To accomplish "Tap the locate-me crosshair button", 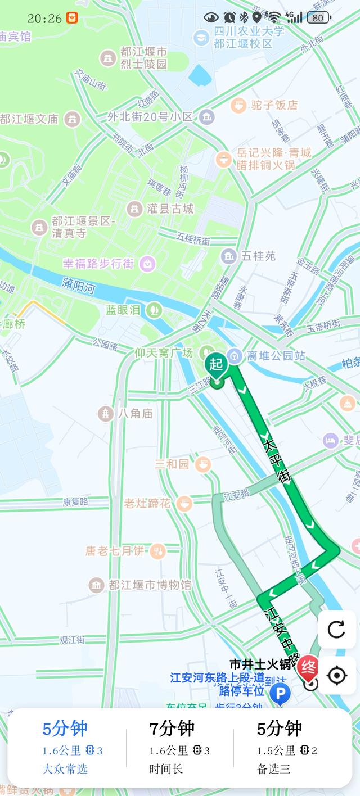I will pos(336,675).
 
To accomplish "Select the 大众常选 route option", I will pos(65,768).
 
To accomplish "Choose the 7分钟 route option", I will pos(172,729).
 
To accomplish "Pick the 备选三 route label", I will pos(274,768).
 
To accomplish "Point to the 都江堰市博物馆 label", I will pos(150,585).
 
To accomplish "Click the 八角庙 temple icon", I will pos(106,414).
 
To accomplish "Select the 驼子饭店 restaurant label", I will pos(275,105).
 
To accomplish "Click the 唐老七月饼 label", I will pos(114,551).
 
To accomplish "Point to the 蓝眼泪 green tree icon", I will pos(153,309).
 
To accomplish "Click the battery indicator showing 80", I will pos(318,18).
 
